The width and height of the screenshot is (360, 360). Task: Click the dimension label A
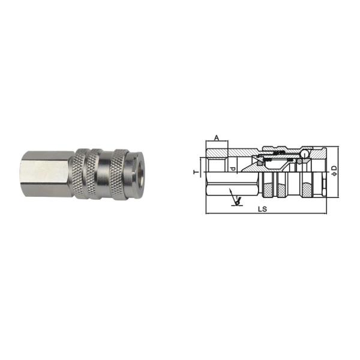tap(217, 138)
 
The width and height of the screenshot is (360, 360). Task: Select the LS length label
tap(262, 209)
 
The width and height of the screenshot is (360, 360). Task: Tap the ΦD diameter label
tap(335, 170)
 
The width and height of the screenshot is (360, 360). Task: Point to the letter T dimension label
tap(196, 172)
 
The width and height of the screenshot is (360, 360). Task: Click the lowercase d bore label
tap(233, 169)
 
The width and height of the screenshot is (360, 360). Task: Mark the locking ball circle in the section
tap(305, 153)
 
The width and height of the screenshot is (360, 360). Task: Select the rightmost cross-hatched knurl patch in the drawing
tap(306, 190)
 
